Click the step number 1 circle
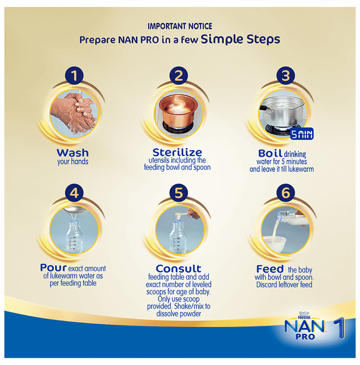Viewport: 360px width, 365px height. coord(74,76)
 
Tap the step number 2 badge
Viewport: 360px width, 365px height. coord(178,76)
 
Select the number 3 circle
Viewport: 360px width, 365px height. coord(285,76)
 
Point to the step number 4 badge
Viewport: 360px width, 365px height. coord(74,193)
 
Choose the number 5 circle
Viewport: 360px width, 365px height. coord(178,193)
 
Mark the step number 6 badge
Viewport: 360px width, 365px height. coord(285,193)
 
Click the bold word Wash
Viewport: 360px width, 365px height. coord(73,153)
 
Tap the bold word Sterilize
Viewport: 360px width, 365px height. coord(177,152)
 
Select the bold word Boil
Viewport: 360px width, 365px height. coord(270,153)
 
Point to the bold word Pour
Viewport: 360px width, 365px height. coord(53,267)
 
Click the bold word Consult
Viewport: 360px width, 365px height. coord(178,269)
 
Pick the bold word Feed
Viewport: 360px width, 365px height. coord(270,269)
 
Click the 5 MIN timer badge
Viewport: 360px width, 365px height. coord(302,134)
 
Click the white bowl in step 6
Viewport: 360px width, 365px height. coord(274,244)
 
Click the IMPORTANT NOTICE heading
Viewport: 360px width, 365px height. coord(180,26)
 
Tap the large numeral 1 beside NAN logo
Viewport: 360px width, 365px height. coord(340,328)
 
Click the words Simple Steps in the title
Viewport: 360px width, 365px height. coord(241,39)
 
